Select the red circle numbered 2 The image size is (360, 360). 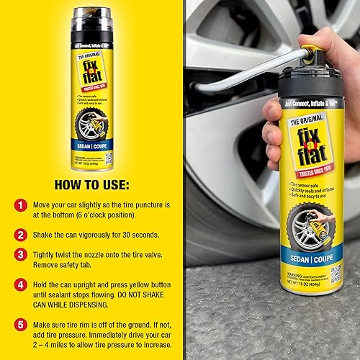(21, 234)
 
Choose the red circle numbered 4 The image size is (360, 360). (21, 284)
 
